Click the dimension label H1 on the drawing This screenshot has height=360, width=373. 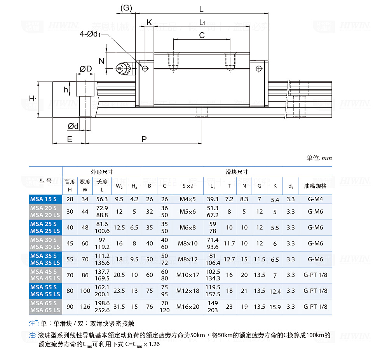click(33, 99)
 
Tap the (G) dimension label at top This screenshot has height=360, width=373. click(126, 8)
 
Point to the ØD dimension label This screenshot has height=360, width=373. click(86, 69)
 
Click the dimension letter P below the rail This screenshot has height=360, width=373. click(144, 139)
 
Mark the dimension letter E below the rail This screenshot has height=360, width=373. click(70, 139)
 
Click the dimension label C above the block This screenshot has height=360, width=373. click(202, 35)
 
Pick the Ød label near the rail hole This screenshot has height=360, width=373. click(73, 126)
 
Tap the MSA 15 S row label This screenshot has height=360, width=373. click(43, 199)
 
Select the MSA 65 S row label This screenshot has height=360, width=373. click(43, 303)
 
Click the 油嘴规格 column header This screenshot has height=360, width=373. click(315, 186)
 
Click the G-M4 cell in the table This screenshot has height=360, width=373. click(315, 199)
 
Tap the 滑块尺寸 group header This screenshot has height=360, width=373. click(237, 172)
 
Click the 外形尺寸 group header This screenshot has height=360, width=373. click(102, 172)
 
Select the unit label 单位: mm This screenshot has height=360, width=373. click(319, 158)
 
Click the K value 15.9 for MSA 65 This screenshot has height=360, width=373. click(275, 307)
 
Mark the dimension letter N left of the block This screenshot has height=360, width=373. click(101, 61)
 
